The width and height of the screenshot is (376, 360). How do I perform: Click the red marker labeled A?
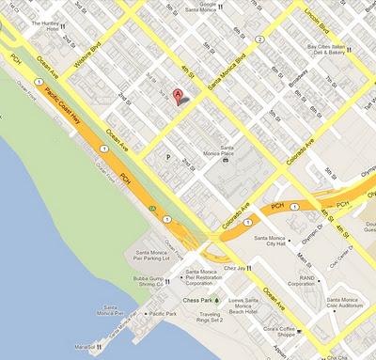(177, 95)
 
